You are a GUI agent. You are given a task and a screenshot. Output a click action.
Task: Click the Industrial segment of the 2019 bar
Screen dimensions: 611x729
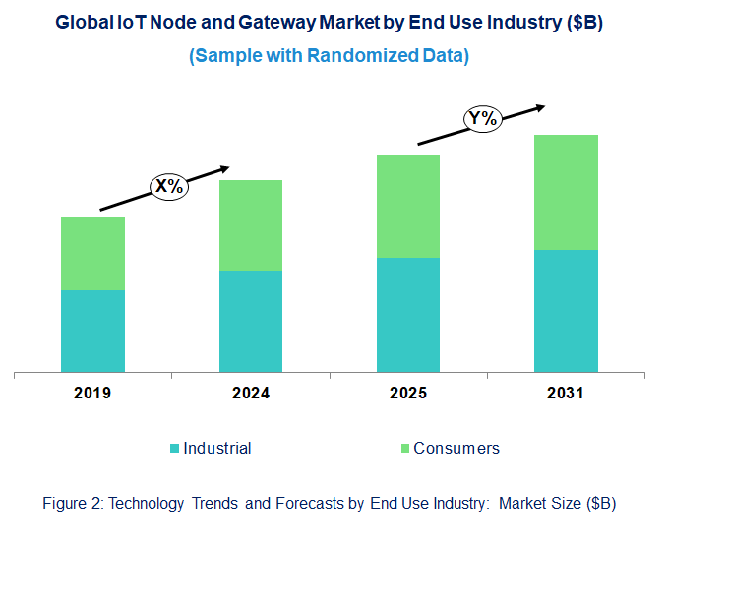[92, 331]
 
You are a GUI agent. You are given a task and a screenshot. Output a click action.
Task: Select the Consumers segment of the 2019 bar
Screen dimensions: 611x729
[92, 254]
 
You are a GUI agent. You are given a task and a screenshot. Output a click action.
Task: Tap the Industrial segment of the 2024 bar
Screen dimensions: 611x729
[250, 321]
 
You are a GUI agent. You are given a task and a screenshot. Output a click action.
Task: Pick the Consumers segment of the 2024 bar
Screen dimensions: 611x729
[250, 225]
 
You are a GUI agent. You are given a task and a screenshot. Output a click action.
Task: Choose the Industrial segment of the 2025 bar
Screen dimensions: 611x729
[408, 315]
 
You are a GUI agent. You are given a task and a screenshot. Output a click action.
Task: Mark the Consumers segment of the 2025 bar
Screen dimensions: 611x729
[408, 207]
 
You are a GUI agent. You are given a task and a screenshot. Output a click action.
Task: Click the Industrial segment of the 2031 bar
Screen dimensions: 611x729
[566, 311]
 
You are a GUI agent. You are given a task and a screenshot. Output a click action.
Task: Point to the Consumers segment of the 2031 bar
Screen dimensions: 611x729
[566, 192]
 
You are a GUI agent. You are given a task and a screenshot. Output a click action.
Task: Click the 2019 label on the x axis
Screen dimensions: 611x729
[92, 394]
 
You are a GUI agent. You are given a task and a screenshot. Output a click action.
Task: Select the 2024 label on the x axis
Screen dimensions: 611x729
[250, 394]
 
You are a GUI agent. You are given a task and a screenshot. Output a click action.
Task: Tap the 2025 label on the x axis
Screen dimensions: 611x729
[408, 394]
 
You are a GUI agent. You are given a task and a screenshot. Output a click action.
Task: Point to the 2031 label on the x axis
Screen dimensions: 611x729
[566, 394]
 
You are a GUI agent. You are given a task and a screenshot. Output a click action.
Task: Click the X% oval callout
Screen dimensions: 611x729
[168, 185]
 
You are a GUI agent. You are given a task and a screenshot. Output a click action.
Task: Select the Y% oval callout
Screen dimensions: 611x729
[483, 120]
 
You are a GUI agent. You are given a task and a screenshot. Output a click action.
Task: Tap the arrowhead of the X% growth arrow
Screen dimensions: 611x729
[224, 168]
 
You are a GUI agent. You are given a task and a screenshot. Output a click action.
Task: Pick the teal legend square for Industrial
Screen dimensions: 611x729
[175, 449]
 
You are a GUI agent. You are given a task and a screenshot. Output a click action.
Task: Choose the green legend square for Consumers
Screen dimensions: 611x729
[403, 449]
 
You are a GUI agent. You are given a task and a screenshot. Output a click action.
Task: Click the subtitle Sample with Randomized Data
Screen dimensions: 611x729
[329, 56]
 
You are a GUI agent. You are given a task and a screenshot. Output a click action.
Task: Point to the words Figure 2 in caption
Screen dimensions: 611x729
[72, 503]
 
